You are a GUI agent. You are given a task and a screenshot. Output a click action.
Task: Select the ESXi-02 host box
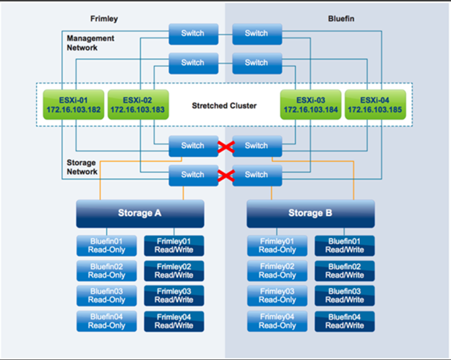(138, 105)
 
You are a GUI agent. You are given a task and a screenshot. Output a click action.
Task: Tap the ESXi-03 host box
(310, 105)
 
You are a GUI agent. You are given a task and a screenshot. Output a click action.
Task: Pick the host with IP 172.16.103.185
(374, 105)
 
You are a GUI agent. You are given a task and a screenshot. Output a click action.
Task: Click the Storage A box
(140, 213)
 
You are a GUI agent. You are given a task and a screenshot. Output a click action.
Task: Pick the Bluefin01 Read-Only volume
(107, 245)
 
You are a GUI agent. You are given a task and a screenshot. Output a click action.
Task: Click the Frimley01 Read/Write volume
(174, 245)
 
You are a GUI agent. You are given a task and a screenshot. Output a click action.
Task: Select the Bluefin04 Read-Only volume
(107, 321)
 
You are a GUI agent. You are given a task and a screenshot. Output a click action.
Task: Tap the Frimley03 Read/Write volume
(174, 296)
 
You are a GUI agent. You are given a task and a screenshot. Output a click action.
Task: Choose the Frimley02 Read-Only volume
(278, 270)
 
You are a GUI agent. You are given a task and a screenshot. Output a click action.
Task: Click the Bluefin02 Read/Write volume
(345, 270)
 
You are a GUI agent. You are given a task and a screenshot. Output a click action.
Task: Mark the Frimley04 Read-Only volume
(278, 321)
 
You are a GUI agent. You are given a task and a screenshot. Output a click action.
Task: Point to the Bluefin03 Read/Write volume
(345, 296)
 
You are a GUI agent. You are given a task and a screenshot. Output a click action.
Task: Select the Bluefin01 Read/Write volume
(345, 245)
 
